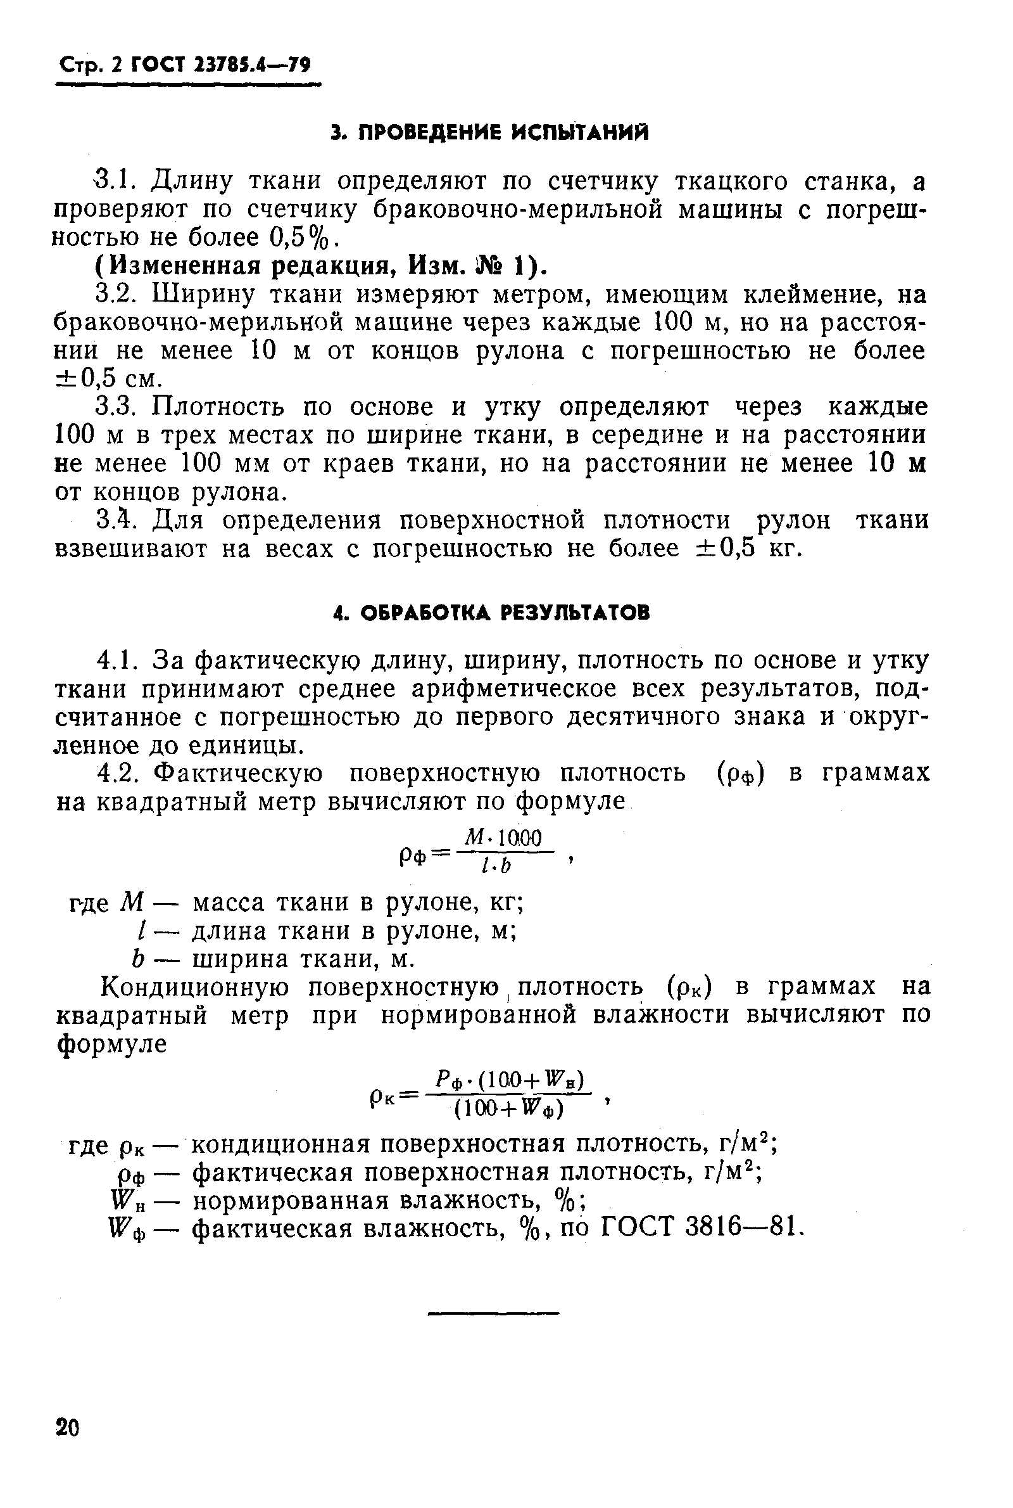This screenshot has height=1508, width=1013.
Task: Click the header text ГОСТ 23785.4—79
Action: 220,65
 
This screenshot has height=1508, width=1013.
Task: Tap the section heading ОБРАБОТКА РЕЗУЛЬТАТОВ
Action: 491,612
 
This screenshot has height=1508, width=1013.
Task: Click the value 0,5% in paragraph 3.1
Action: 298,238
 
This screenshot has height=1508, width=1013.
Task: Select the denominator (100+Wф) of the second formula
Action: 508,1109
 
